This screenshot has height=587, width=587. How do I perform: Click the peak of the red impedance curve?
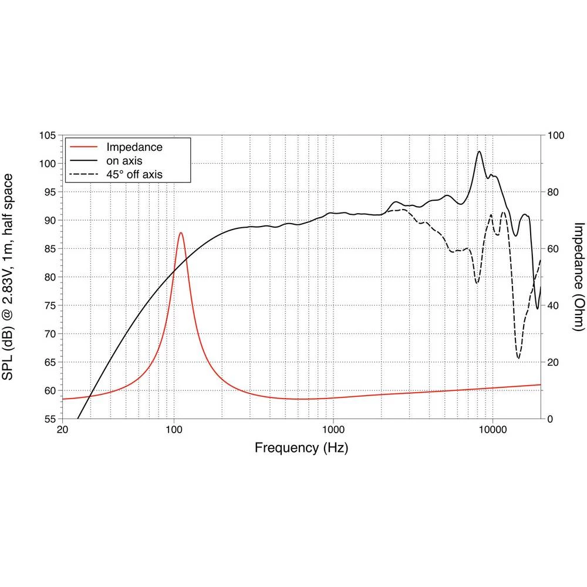pyautogui.click(x=181, y=233)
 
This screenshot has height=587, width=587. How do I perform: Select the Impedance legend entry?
pyautogui.click(x=134, y=147)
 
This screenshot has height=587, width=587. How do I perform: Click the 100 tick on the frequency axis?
pyautogui.click(x=174, y=429)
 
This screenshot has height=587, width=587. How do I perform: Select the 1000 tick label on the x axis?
pyautogui.click(x=333, y=429)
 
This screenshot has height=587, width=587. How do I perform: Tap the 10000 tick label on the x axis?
pyautogui.click(x=492, y=429)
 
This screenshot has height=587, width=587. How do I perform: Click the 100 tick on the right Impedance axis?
pyautogui.click(x=555, y=136)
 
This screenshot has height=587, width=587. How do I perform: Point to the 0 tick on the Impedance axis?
pyautogui.click(x=551, y=419)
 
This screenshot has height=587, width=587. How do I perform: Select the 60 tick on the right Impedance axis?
pyautogui.click(x=553, y=249)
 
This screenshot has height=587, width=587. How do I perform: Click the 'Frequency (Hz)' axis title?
pyautogui.click(x=301, y=448)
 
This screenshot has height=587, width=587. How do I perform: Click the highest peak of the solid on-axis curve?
pyautogui.click(x=480, y=151)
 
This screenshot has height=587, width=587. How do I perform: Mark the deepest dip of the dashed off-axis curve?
pyautogui.click(x=518, y=357)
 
